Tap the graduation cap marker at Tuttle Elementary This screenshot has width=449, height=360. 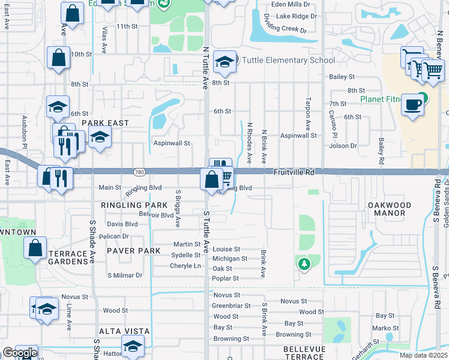224,62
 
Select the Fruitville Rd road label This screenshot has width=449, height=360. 294,172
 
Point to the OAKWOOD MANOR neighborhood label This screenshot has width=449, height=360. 390,210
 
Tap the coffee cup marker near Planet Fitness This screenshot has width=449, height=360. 412,104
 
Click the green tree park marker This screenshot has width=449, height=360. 304,263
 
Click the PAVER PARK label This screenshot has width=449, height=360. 134,251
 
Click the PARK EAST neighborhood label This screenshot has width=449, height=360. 105,123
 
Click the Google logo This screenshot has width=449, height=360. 20,353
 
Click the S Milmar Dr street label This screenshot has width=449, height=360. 125,275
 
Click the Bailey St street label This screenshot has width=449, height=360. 342,77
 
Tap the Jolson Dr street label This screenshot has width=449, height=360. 343,146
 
